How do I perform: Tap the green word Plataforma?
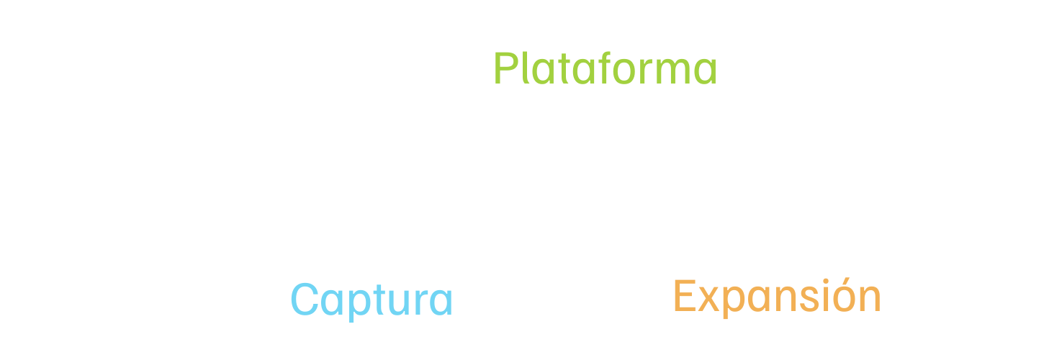[x=605, y=70]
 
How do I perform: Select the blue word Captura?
[x=372, y=300]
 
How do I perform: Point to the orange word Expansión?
[x=777, y=296]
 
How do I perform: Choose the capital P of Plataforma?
[x=505, y=69]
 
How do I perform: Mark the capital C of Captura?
[x=305, y=300]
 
